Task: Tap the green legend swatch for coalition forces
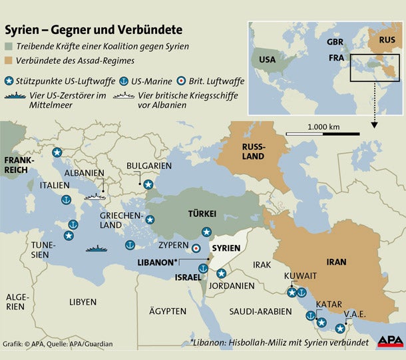pyautogui.click(x=10, y=47)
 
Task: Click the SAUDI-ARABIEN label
pyautogui.click(x=261, y=311)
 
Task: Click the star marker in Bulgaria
pyautogui.click(x=148, y=184)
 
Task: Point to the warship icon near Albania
pyautogui.click(x=95, y=197)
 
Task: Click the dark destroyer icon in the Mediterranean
pyautogui.click(x=98, y=250)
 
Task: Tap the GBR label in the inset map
pyautogui.click(x=335, y=41)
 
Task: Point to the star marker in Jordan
pyautogui.click(x=221, y=273)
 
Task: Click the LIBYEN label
pyautogui.click(x=83, y=301)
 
